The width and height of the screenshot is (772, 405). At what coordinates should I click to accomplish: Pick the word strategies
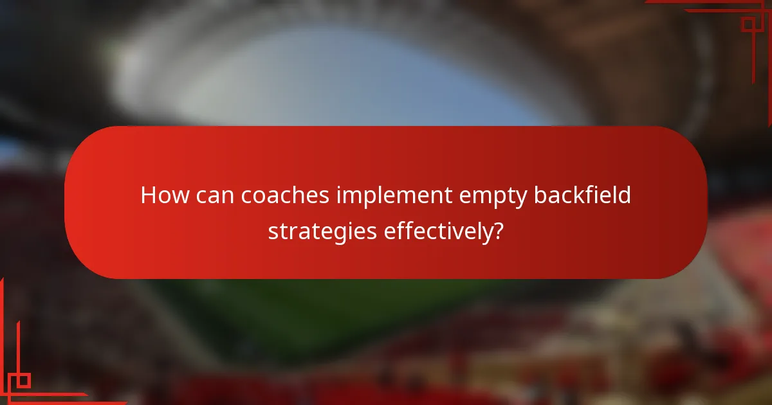point(322,231)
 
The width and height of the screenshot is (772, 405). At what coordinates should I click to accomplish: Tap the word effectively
point(438,231)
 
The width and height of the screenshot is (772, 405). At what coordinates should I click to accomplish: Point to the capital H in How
point(148,195)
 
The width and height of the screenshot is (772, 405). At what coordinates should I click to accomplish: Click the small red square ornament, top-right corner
point(748,24)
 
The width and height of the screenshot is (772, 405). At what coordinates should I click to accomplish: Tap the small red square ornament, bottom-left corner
point(24,380)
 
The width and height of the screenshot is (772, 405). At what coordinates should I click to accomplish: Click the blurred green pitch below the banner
point(360,315)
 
